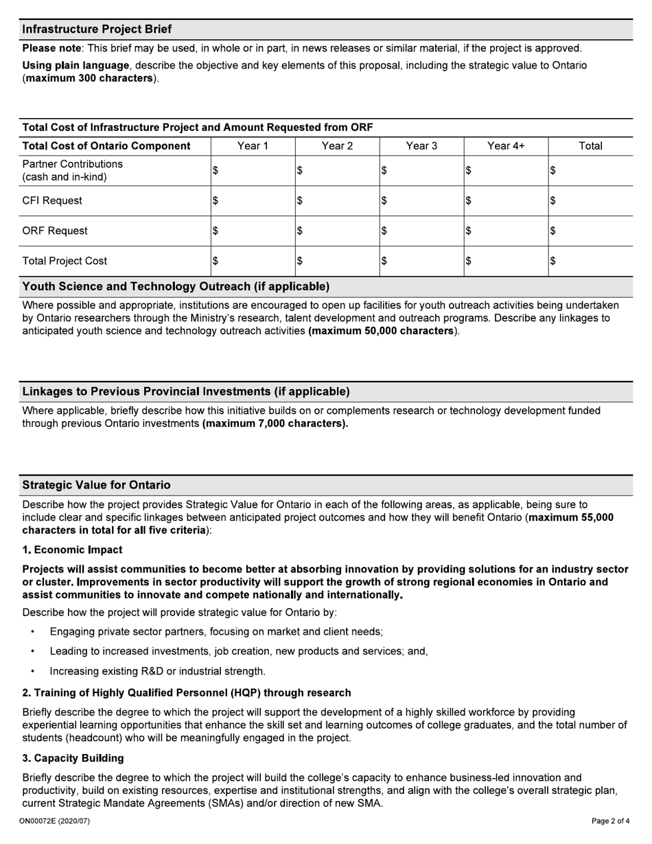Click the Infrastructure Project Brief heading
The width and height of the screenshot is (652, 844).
tap(97, 29)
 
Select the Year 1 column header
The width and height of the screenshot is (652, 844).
tap(253, 145)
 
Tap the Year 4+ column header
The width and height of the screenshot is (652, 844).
tap(506, 145)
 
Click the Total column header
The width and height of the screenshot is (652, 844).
tap(590, 145)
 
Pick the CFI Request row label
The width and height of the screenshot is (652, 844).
tap(52, 200)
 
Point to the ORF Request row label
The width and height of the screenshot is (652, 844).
tap(55, 231)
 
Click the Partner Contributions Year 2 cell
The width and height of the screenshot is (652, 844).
tap(337, 171)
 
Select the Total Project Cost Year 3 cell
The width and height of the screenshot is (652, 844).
tap(421, 261)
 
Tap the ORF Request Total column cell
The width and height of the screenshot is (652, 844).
tap(590, 231)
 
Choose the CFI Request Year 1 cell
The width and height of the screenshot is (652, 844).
tap(253, 200)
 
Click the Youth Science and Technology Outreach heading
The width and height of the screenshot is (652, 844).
tap(176, 286)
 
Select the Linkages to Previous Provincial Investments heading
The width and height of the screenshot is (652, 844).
tap(186, 391)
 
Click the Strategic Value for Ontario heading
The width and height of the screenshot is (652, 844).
tap(96, 485)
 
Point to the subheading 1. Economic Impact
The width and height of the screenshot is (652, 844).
tap(72, 550)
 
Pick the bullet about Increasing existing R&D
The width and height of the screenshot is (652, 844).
tap(157, 671)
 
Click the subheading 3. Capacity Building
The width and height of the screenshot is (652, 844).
tap(73, 758)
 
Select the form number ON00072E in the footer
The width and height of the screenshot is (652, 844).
tap(54, 821)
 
